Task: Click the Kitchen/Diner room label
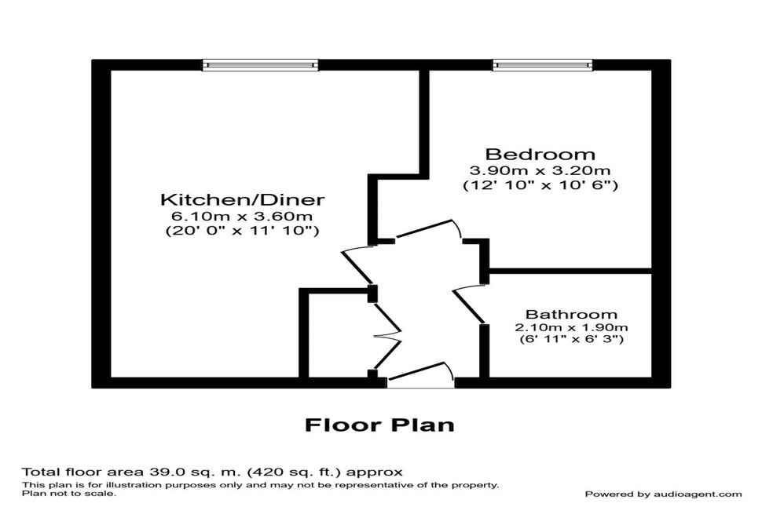tap(243, 199)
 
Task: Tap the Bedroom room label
tap(540, 154)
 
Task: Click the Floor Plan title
tap(379, 425)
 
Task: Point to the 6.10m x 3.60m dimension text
tap(243, 216)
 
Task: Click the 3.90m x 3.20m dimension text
tap(540, 170)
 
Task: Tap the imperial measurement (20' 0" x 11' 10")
tap(243, 231)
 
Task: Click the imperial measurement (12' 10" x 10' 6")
tap(540, 185)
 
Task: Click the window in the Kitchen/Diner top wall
tap(260, 65)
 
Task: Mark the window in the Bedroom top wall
tap(542, 65)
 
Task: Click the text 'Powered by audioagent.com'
tap(663, 494)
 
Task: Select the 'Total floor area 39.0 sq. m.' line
tap(212, 472)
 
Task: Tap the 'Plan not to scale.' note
tap(69, 494)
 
